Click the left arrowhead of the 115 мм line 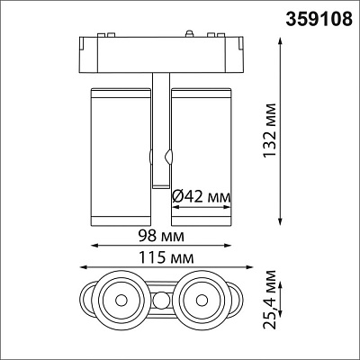pos(82,267)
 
